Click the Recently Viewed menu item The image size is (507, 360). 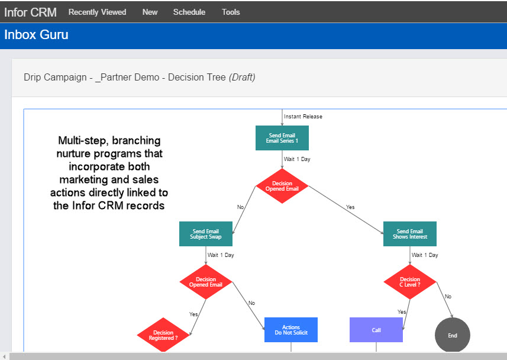98,12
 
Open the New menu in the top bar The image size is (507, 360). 150,12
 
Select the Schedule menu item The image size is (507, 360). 189,12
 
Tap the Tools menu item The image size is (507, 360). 231,12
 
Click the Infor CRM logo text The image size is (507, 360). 30,12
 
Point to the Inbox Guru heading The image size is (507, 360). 36,35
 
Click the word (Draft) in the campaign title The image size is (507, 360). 242,78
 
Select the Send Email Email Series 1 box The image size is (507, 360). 282,138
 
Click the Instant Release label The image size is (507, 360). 303,117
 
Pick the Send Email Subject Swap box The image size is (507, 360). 206,234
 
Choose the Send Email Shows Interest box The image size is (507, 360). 409,234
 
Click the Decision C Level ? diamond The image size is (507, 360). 410,282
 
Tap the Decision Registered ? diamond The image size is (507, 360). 163,335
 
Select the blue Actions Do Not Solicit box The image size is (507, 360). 291,330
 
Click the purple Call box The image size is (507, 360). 376,330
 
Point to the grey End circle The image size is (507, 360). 453,335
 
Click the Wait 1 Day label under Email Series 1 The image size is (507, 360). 297,159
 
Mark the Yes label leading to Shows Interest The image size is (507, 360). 350,207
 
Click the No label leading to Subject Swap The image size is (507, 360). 240,207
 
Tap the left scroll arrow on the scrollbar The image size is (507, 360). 4,356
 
